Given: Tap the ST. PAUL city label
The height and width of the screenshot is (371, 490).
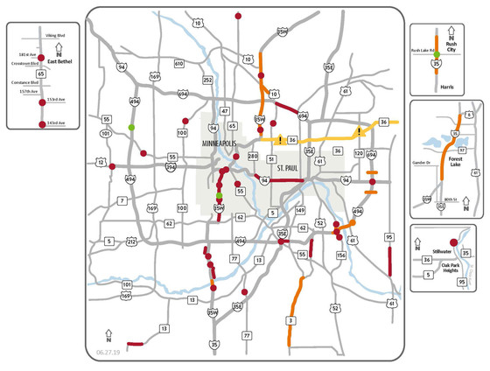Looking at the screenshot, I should [289, 167].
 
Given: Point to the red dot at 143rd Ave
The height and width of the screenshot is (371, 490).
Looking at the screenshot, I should [43, 124].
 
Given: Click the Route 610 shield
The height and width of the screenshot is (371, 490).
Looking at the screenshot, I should [178, 64].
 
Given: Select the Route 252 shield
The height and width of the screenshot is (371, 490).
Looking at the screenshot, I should [207, 80].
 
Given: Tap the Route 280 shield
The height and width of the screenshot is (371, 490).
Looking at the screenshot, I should [252, 157].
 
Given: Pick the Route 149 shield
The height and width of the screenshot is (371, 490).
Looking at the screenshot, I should [299, 210].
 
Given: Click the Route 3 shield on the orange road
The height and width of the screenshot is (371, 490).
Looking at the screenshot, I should [290, 321].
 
